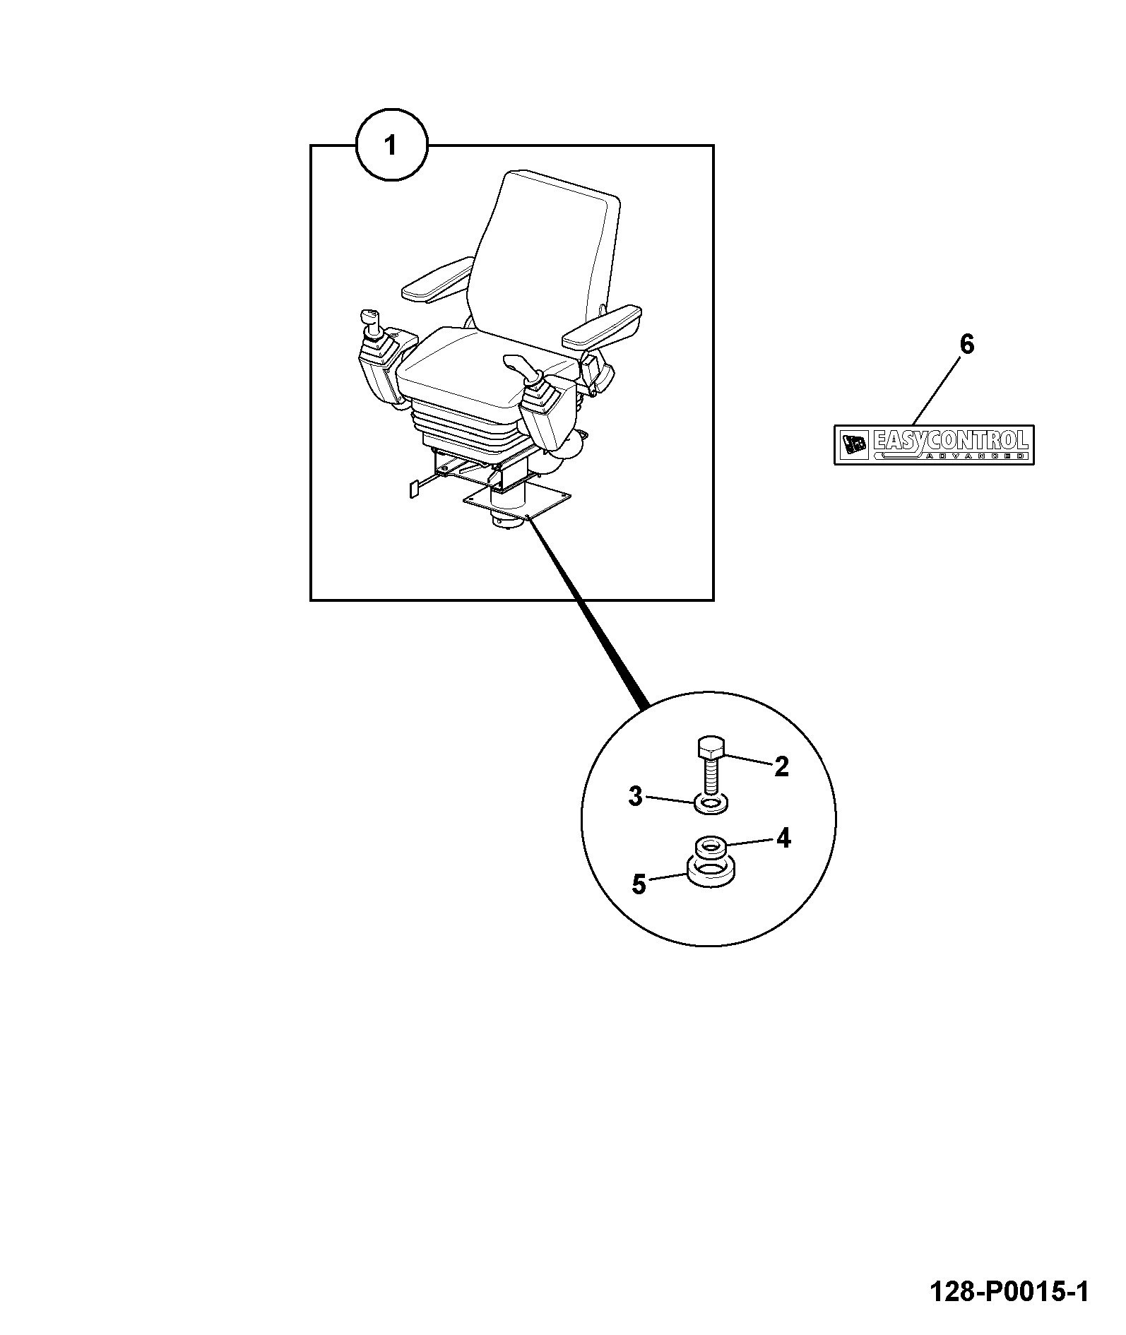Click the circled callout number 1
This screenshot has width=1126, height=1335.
[390, 146]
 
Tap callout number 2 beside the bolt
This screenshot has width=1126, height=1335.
[781, 766]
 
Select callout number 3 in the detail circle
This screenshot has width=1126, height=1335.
[636, 797]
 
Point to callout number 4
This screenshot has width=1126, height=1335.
[783, 838]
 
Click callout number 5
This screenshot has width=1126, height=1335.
[639, 884]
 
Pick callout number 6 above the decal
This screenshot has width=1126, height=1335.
[966, 345]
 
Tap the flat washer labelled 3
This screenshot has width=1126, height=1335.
[711, 804]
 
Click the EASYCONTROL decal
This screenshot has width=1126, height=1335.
[934, 444]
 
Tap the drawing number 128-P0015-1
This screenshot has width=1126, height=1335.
[1009, 1293]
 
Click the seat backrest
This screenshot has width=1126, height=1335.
[544, 254]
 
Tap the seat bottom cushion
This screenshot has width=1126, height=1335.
[487, 371]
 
